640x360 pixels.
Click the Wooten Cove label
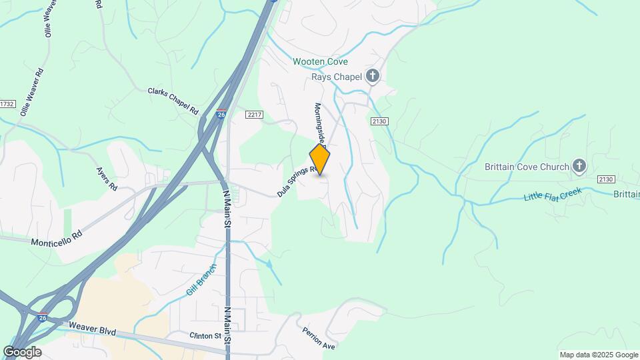(320, 62)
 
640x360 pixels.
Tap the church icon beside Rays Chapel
(373, 77)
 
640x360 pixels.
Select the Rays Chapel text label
(337, 77)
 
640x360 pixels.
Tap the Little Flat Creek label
(553, 195)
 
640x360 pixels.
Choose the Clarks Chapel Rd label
(173, 100)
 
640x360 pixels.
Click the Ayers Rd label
(107, 179)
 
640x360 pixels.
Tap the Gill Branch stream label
(201, 279)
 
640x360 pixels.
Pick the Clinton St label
(205, 335)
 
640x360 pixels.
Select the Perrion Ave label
(319, 339)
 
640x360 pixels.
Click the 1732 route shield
(7, 104)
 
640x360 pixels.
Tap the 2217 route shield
(255, 115)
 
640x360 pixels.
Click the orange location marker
(320, 160)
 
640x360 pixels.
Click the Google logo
(22, 351)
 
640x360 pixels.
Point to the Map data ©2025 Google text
(599, 355)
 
